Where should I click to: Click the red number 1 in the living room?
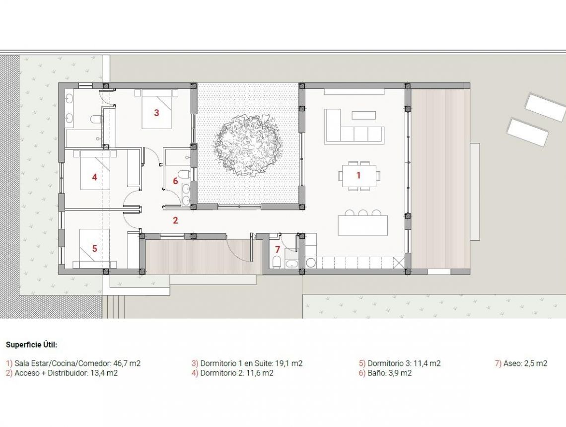point(358,175)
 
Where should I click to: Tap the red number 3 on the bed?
point(156,113)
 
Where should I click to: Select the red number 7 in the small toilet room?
point(278,249)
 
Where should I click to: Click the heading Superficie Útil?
point(32,344)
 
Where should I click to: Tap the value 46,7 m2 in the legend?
point(126,363)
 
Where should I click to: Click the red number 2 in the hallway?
point(175,220)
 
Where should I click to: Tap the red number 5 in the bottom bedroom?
point(94,248)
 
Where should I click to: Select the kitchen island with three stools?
point(362,225)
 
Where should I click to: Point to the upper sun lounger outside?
point(545,107)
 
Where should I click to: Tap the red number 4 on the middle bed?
point(94,177)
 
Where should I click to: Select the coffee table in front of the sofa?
point(363,115)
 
